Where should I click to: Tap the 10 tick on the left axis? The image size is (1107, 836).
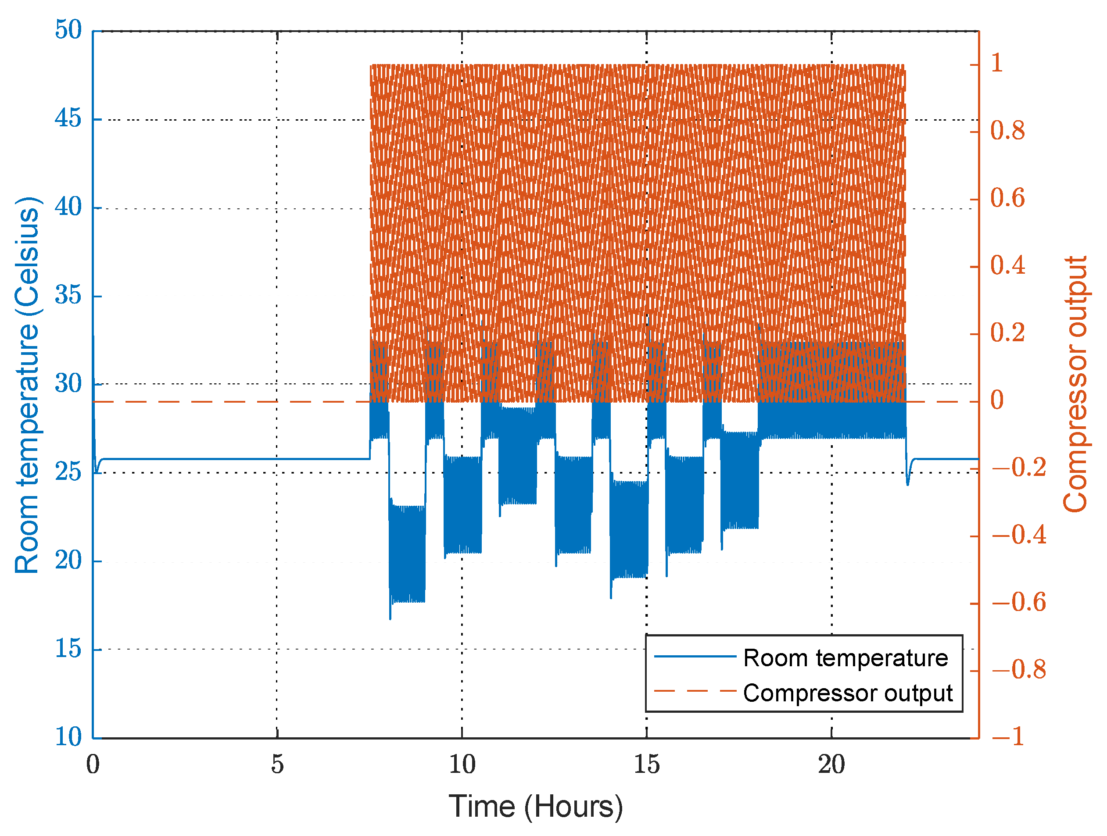coord(68,737)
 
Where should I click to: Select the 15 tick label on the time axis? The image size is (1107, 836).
coord(647,765)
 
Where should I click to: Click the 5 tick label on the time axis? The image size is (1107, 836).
coord(277,765)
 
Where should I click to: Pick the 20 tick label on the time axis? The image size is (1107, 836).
coord(831,765)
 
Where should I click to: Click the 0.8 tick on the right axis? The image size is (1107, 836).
coord(1007,131)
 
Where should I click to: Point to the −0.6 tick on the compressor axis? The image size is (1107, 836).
coord(1018,602)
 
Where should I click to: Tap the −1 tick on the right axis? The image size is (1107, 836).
coord(1007,737)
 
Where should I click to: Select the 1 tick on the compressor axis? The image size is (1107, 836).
coord(996,64)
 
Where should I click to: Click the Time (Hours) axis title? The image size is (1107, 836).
coord(535,807)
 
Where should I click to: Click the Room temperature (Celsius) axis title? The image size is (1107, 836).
coord(27,385)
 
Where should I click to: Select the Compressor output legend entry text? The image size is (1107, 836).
coord(848,693)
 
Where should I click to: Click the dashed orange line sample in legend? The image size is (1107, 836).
coord(695,691)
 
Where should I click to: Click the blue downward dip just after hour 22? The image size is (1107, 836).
coord(907,484)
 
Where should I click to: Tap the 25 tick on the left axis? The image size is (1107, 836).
coord(68,472)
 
